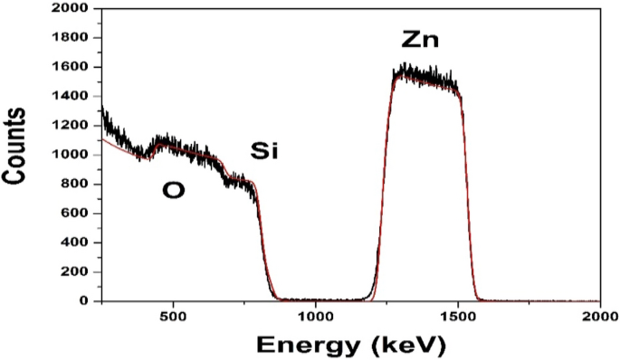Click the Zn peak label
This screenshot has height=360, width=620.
coord(419,41)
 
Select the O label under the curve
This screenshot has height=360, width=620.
coord(173,189)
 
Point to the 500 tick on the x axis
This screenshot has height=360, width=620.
coord(173,317)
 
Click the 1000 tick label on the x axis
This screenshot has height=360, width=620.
coord(315,317)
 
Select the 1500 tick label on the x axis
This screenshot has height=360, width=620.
coord(457,317)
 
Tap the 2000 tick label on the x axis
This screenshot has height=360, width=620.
coord(598,317)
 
